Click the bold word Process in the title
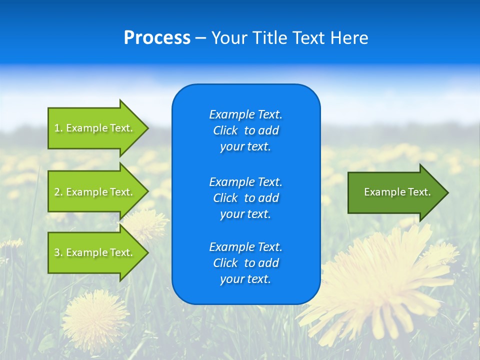click(157, 38)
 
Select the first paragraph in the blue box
click(245, 130)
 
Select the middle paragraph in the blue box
click(245, 198)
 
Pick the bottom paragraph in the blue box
click(245, 263)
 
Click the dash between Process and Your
click(201, 38)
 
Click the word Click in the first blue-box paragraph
click(225, 130)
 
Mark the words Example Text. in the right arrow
click(397, 192)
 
